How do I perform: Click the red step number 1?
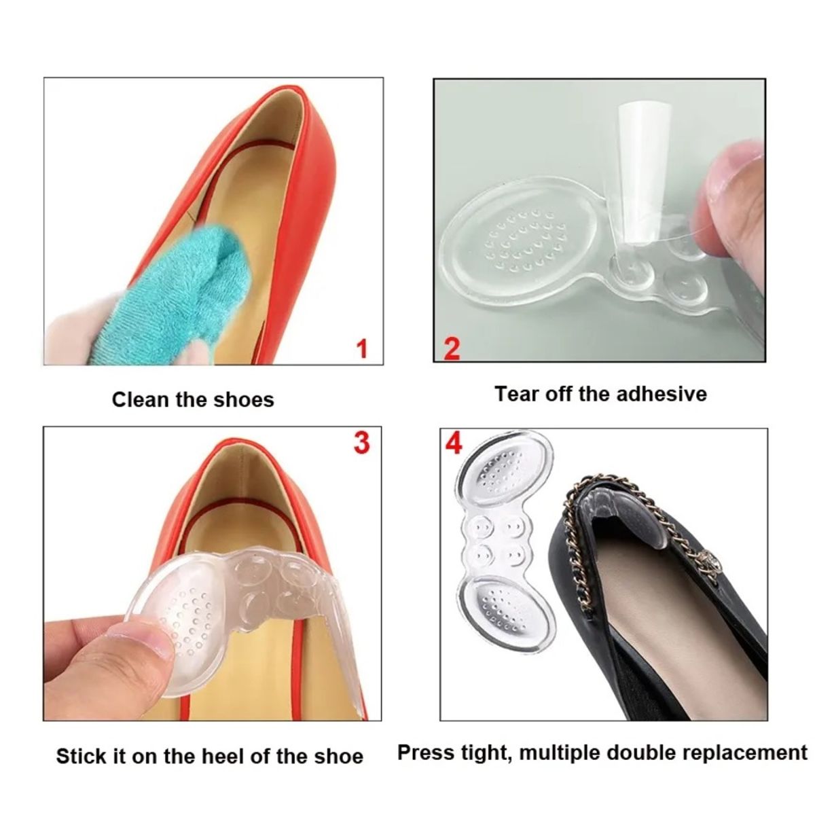click(x=362, y=349)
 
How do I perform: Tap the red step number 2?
click(x=452, y=348)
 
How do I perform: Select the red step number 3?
click(x=362, y=442)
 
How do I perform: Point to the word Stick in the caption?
click(x=80, y=756)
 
